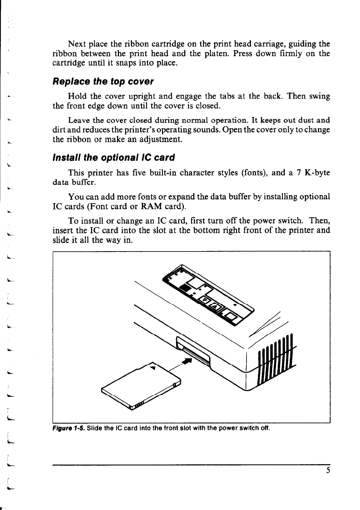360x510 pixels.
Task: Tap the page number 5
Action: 328,470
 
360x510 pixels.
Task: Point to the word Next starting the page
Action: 77,44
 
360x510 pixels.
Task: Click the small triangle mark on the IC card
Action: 153,366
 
